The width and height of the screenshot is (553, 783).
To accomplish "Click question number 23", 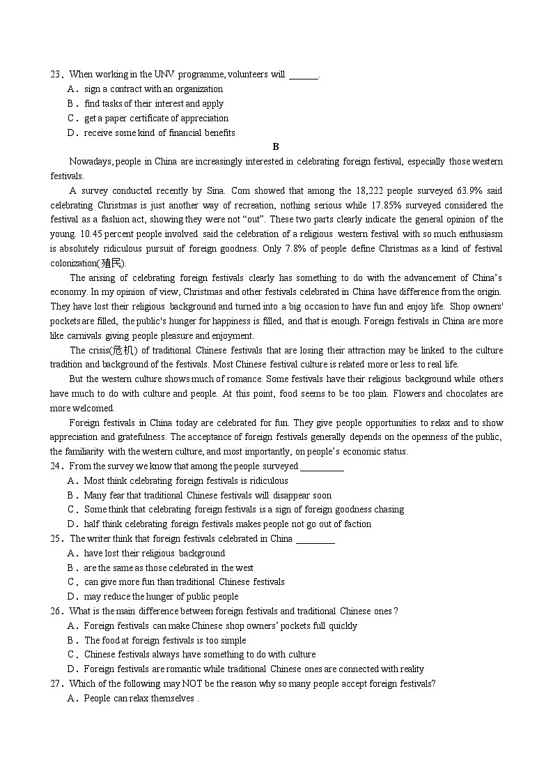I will pyautogui.click(x=56, y=75).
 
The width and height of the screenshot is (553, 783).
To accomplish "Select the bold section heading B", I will pyautogui.click(x=276, y=146).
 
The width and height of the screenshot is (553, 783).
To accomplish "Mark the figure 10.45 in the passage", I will pyautogui.click(x=93, y=234).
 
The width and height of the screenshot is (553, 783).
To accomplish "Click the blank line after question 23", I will pyautogui.click(x=303, y=75).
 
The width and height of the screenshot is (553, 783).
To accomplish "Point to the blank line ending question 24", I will pyautogui.click(x=322, y=466).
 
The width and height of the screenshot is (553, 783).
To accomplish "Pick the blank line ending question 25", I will pyautogui.click(x=315, y=539).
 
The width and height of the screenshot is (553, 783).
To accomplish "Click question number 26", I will pyautogui.click(x=56, y=611).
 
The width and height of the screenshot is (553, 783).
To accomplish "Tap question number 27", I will pyautogui.click(x=56, y=684).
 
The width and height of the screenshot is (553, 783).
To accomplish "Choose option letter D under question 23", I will pyautogui.click(x=71, y=132).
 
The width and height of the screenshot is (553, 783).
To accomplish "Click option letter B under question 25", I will pyautogui.click(x=71, y=568).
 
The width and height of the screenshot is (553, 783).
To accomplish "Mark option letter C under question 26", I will pyautogui.click(x=71, y=655).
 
